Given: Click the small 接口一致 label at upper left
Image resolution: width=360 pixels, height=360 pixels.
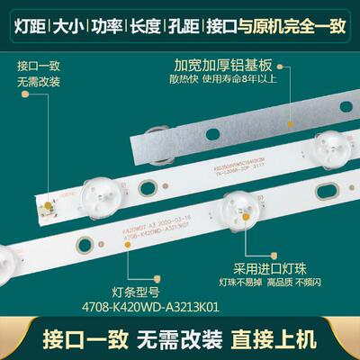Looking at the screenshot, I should (x=37, y=67).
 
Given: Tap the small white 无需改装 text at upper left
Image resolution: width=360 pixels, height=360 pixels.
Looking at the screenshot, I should (x=37, y=83).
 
